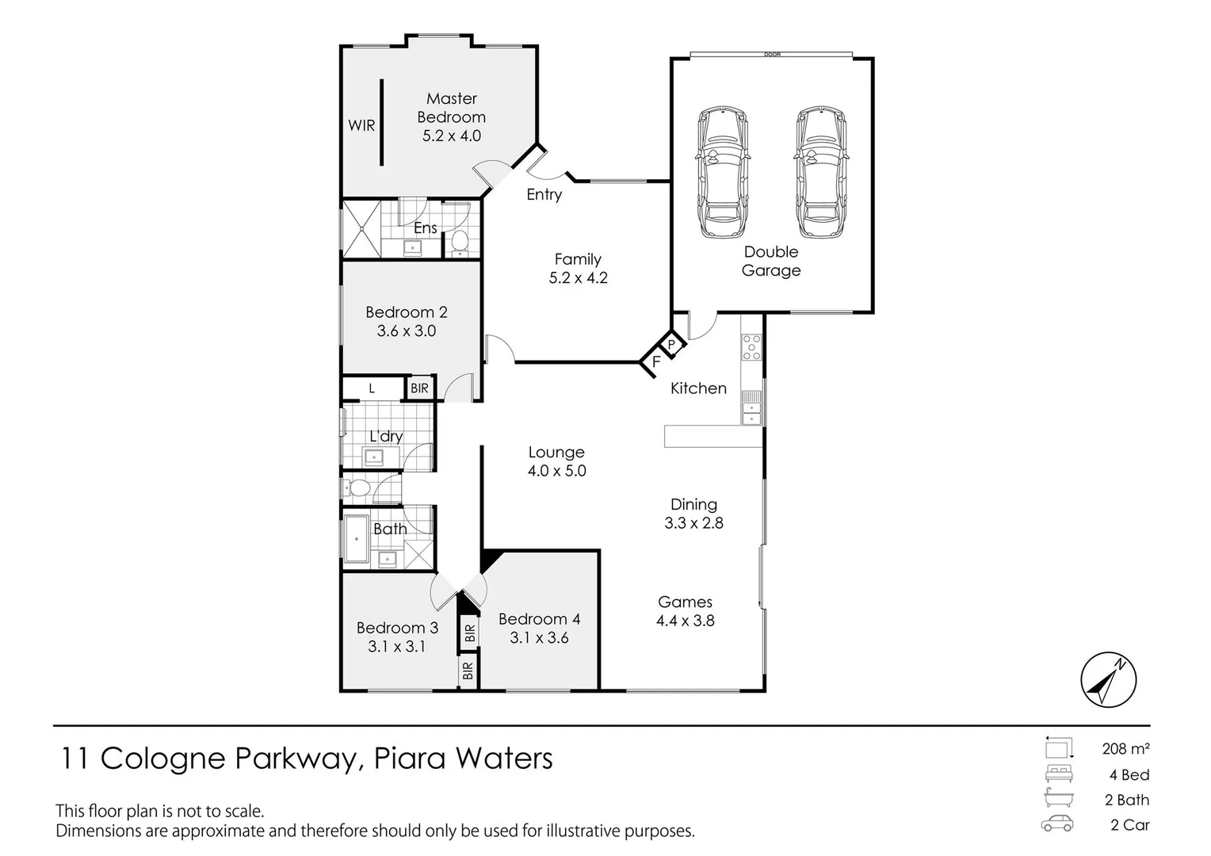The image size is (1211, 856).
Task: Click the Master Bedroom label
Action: pyautogui.click(x=451, y=108)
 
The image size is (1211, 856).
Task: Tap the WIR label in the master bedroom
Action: pyautogui.click(x=361, y=125)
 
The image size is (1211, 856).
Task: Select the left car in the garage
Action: pyautogui.click(x=721, y=172)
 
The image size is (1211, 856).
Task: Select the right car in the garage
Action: pyautogui.click(x=821, y=172)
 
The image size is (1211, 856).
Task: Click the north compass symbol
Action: pyautogui.click(x=1108, y=680)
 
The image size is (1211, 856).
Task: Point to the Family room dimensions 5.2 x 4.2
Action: pyautogui.click(x=578, y=278)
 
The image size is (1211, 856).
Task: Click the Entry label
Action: pyautogui.click(x=544, y=194)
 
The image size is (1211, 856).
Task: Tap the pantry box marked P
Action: pyautogui.click(x=671, y=345)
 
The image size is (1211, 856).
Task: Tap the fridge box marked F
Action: pyautogui.click(x=655, y=362)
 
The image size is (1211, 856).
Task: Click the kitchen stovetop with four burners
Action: pyautogui.click(x=751, y=346)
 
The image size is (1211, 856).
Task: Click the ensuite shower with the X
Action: pyautogui.click(x=361, y=229)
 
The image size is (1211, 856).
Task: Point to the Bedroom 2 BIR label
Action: pyautogui.click(x=419, y=388)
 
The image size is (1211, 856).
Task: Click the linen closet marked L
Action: pyautogui.click(x=372, y=388)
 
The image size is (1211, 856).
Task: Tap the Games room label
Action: pyautogui.click(x=685, y=602)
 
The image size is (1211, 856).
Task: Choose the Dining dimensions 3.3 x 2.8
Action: pyautogui.click(x=693, y=523)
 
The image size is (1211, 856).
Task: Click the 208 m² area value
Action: pyautogui.click(x=1125, y=748)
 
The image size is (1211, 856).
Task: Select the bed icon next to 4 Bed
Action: pyautogui.click(x=1058, y=774)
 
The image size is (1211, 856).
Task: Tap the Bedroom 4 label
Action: pyautogui.click(x=539, y=619)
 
